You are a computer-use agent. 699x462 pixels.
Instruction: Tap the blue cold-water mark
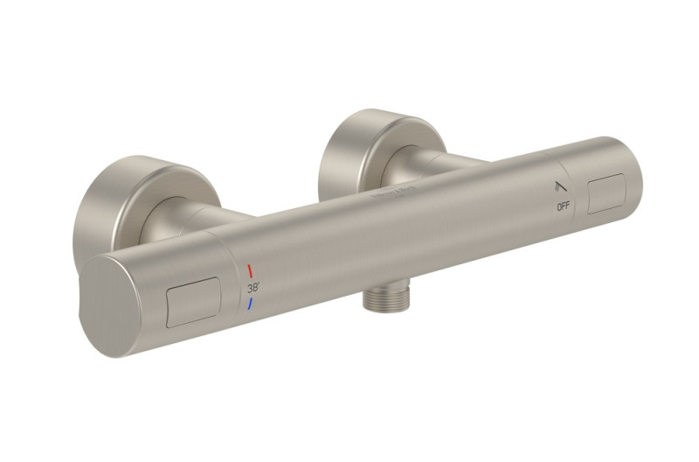(x=250, y=304)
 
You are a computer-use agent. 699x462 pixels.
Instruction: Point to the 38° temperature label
(x=253, y=286)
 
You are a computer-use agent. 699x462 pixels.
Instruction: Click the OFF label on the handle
(x=564, y=206)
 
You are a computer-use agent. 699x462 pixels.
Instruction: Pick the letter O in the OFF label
(x=558, y=206)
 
